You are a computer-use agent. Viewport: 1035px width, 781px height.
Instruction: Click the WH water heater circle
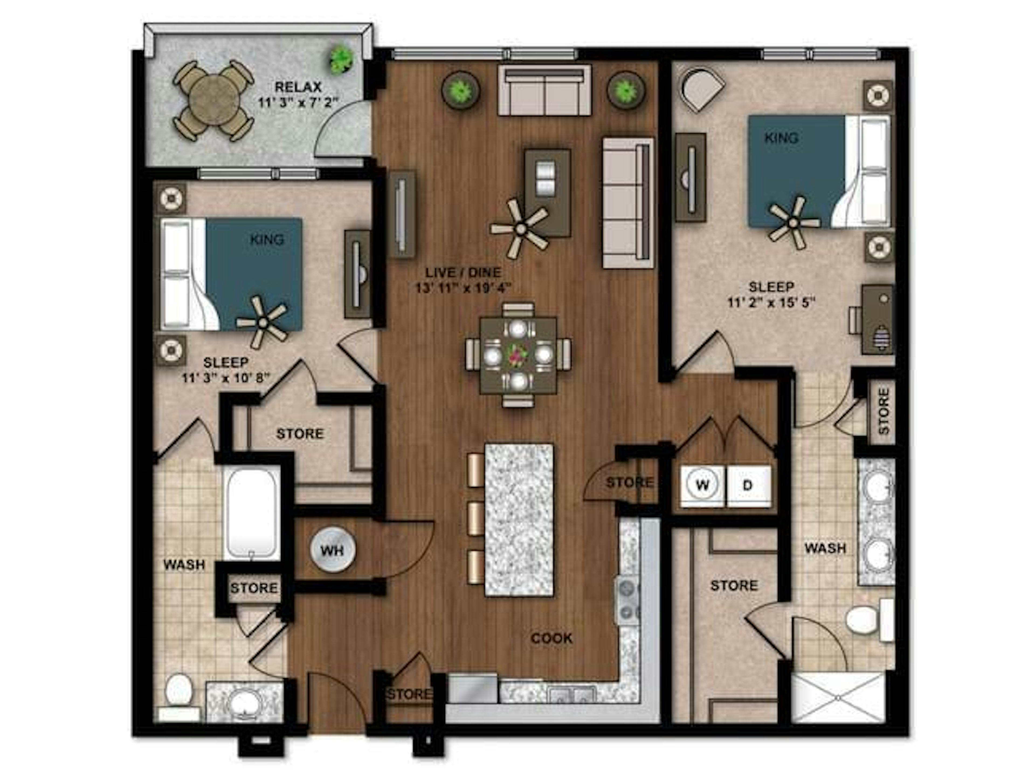click(333, 550)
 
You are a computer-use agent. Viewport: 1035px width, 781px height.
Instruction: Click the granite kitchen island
click(519, 520)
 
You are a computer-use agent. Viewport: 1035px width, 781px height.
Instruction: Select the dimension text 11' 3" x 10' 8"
click(226, 377)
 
